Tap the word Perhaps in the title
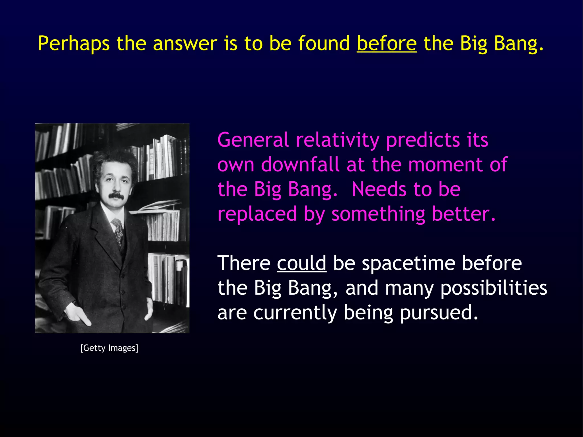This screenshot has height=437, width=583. (74, 44)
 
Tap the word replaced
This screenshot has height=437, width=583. (257, 214)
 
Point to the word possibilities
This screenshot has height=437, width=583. (494, 288)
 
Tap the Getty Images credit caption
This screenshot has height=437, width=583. (109, 348)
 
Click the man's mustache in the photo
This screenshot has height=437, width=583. (116, 196)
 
